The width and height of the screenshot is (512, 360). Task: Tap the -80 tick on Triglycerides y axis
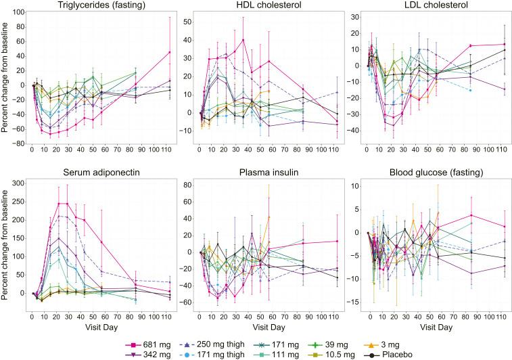(x=20, y=144)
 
